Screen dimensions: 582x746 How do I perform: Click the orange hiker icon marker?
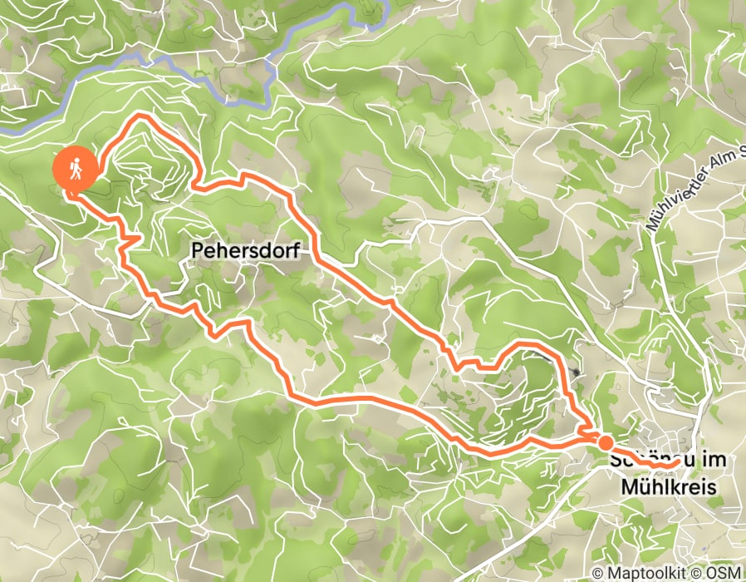pos(75,170)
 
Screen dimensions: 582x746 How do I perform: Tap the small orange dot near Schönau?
pos(606,442)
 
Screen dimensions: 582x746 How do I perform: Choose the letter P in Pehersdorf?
pos(197,249)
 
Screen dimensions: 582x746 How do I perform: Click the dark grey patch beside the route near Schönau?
pos(576,374)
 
